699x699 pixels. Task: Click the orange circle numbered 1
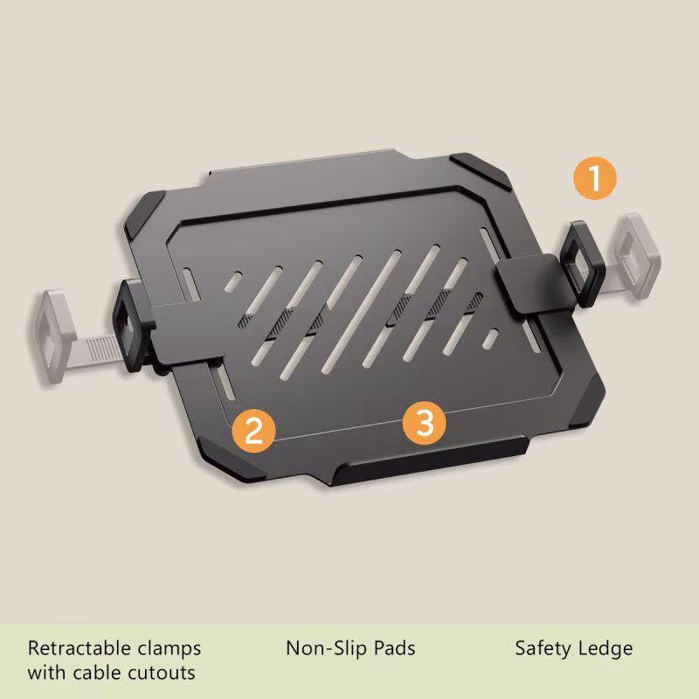595,178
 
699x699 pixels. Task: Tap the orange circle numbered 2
253,431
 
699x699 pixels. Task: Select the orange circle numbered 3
424,423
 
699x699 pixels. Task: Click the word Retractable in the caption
80,648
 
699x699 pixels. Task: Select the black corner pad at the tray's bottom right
587,401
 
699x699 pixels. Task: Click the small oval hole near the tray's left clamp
233,280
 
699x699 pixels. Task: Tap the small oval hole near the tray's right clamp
490,339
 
